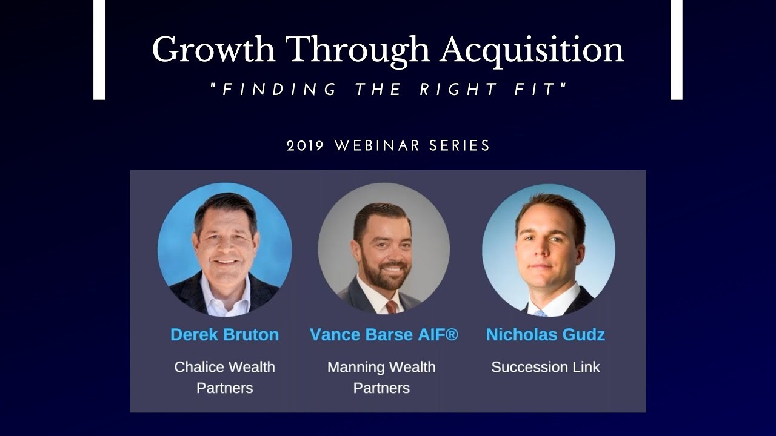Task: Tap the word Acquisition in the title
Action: [532, 50]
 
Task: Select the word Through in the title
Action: [358, 50]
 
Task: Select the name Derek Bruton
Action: [225, 334]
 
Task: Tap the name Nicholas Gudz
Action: [546, 334]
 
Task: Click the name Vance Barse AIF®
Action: [384, 334]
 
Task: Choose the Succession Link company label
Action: [546, 367]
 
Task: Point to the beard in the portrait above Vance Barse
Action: [384, 269]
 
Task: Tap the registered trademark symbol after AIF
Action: [452, 334]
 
